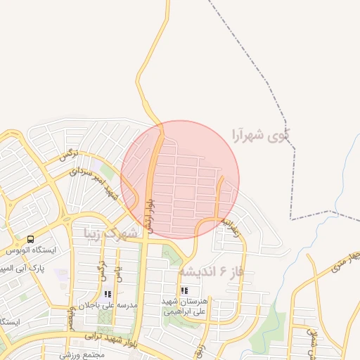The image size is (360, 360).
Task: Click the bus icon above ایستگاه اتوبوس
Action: (31, 239)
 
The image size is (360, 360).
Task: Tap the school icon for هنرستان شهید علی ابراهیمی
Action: (184, 290)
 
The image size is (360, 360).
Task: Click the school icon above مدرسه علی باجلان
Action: (108, 295)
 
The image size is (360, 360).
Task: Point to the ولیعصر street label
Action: (71, 319)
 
